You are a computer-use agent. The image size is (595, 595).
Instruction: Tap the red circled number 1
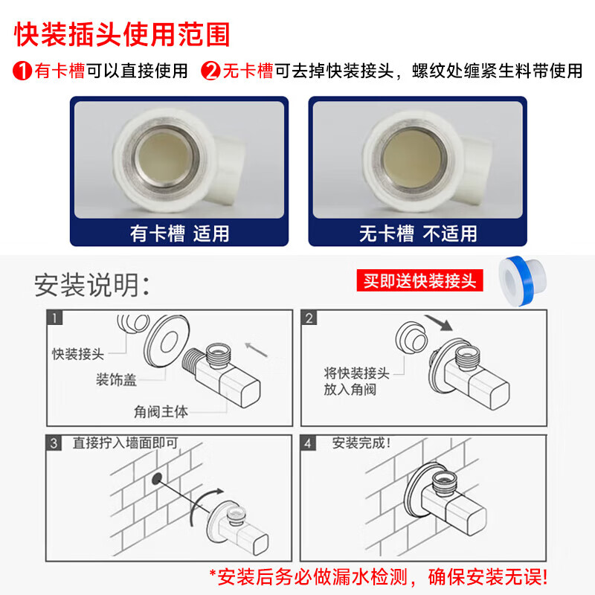tap(22, 72)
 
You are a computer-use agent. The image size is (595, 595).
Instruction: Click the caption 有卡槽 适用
tap(179, 233)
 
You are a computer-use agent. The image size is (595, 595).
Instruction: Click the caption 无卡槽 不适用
tap(418, 233)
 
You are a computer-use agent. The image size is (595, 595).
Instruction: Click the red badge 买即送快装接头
tap(419, 281)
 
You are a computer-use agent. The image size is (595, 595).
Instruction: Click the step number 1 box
tap(55, 318)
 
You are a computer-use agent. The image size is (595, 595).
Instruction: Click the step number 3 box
tap(55, 444)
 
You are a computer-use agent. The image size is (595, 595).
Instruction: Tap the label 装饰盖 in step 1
tap(117, 380)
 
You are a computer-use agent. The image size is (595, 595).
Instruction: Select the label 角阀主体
tap(161, 410)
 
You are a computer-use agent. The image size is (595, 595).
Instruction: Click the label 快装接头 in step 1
tap(77, 353)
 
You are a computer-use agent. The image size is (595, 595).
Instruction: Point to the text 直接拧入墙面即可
tap(125, 443)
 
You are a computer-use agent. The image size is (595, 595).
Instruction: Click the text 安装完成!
tap(361, 443)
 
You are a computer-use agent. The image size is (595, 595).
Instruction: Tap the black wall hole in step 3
tap(157, 478)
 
